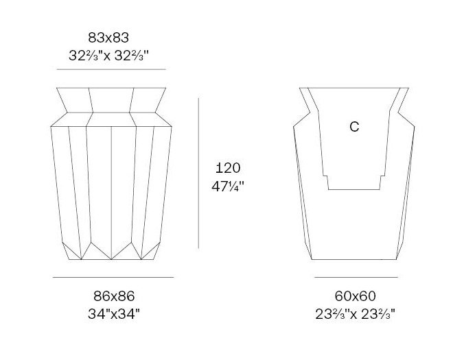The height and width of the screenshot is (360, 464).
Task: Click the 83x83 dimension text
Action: [108, 38]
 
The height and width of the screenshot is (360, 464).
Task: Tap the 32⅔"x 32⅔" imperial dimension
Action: [108, 56]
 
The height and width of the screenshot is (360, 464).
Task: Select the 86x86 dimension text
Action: [114, 296]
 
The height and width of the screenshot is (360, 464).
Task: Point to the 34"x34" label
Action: [114, 313]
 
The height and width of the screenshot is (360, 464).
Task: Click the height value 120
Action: [228, 168]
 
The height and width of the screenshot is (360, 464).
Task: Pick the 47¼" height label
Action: [228, 187]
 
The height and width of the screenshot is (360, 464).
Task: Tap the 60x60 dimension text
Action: [356, 296]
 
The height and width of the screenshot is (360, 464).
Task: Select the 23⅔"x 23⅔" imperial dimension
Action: [355, 314]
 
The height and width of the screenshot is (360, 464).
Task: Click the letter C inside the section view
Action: [354, 126]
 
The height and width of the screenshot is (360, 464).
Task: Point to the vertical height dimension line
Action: [198, 173]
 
